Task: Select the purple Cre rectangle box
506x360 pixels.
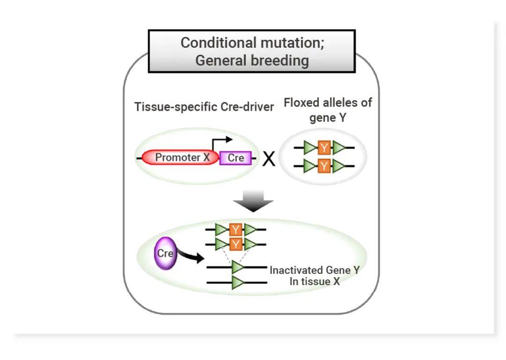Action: pos(236,158)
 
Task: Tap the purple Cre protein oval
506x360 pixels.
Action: pos(165,254)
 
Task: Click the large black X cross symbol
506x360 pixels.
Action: pos(268,160)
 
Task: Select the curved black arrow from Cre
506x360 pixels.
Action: pos(191,256)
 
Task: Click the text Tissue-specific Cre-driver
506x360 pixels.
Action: pos(204,107)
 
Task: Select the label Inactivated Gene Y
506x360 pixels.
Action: pos(314,270)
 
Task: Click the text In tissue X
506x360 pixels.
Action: pos(314,282)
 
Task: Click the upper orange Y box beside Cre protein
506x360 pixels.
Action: pos(236,230)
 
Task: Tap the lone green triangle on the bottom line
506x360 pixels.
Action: pos(238,283)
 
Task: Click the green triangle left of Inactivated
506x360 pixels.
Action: pos(238,267)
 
